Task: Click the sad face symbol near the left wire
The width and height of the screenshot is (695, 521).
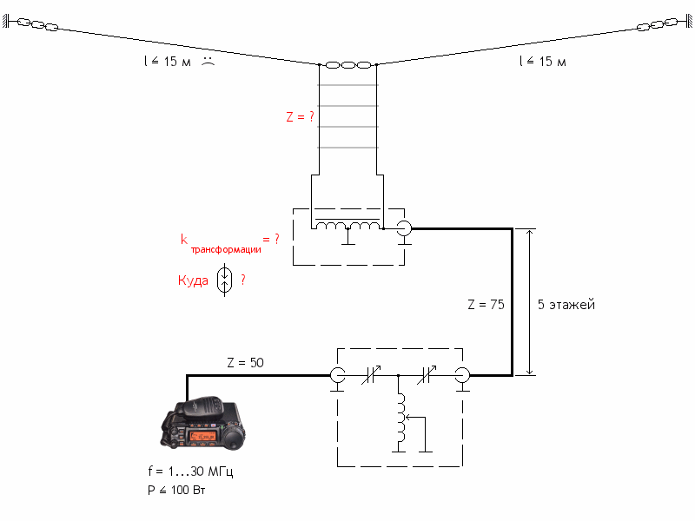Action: [208, 61]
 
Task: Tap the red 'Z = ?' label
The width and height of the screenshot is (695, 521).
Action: [300, 116]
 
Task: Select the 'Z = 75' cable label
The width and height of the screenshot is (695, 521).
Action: [486, 305]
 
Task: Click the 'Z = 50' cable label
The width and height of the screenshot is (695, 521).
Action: [245, 362]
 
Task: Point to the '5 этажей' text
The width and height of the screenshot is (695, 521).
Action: [566, 305]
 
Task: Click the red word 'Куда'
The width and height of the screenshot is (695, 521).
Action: [193, 280]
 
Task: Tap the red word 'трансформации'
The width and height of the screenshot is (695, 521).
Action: [226, 249]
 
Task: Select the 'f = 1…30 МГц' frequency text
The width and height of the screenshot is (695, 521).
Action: [190, 471]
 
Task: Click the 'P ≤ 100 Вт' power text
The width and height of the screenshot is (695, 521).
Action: [176, 490]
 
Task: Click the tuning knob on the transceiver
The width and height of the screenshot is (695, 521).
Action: [233, 439]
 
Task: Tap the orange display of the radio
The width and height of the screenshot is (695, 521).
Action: [202, 437]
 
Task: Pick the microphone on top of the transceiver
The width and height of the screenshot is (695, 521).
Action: [202, 407]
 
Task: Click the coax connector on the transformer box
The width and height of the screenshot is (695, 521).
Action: [404, 228]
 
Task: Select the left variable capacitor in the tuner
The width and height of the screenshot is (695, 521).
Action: [372, 375]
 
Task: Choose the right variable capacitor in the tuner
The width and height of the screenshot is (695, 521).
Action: [427, 375]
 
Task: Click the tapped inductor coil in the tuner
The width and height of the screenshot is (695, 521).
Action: [400, 418]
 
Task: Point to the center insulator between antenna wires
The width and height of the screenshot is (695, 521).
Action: [348, 65]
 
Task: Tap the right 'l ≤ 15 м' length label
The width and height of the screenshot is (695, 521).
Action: [542, 61]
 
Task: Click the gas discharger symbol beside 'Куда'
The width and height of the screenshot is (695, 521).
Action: [224, 280]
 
